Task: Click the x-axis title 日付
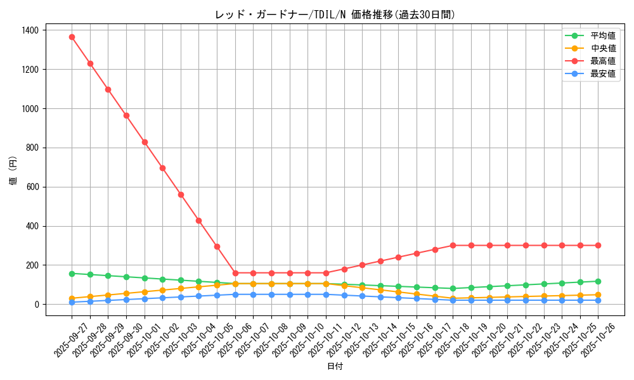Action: click(x=335, y=367)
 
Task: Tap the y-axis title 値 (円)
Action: click(x=13, y=172)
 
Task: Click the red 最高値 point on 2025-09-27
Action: click(x=72, y=37)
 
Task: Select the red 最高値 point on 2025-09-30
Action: click(x=126, y=115)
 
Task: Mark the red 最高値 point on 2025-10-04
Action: click(x=198, y=220)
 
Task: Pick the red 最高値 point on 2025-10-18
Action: click(x=453, y=245)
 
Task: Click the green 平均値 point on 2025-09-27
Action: click(x=72, y=274)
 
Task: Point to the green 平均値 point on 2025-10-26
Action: click(x=598, y=281)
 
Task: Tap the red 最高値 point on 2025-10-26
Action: click(x=598, y=245)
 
